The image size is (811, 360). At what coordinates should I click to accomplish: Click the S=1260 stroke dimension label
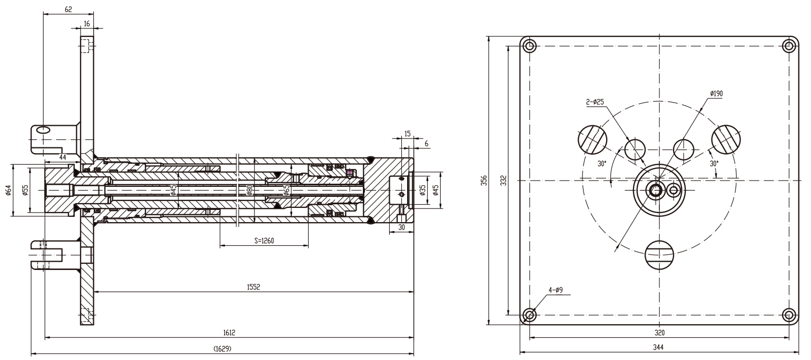coord(264,241)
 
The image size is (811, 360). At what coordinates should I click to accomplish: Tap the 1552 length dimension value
coord(253,287)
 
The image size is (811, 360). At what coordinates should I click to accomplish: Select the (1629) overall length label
coord(222,349)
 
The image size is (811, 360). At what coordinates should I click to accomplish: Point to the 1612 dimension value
coord(229,333)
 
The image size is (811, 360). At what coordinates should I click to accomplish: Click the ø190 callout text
coord(717,93)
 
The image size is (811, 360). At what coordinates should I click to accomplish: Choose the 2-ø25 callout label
coord(595,102)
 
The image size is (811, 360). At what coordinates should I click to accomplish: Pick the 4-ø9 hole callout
coord(556,290)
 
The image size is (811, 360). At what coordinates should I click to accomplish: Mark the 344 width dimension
coord(658,347)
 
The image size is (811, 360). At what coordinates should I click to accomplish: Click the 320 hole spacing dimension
coord(660,333)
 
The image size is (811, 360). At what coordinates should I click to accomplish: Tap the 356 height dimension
coord(484,181)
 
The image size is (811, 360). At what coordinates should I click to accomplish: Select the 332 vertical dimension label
coord(503,181)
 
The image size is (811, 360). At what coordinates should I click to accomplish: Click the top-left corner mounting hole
coord(530,46)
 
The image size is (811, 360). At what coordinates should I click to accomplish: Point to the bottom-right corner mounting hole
coord(789,315)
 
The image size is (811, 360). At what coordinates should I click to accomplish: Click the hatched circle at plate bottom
coord(659,255)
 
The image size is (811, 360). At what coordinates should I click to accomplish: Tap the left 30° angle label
coord(602,164)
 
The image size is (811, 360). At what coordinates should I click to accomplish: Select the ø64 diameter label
coord(8,190)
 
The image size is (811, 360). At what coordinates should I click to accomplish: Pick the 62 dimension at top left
coord(68,9)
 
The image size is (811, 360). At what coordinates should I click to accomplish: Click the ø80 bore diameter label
coord(250,190)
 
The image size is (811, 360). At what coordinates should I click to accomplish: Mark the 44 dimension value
coord(63,157)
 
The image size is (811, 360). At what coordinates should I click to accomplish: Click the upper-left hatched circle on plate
coord(592,139)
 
